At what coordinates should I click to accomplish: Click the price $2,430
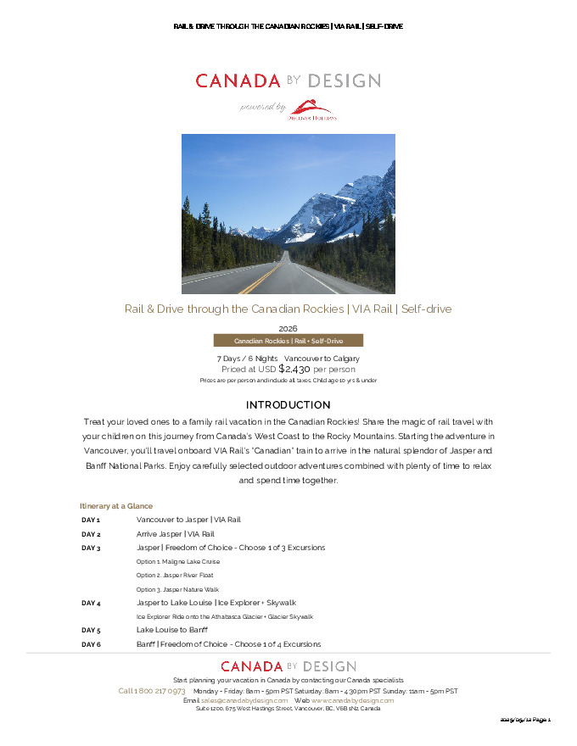294,369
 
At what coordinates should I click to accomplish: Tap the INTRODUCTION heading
288,405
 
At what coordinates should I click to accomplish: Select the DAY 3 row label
91,548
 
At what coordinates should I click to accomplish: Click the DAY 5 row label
91,630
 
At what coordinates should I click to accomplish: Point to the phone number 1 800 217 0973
152,691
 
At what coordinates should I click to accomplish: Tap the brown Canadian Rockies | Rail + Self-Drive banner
288,341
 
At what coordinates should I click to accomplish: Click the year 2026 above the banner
288,328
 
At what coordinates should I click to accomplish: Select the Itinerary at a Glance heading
115,505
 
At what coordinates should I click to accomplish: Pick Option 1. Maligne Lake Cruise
178,561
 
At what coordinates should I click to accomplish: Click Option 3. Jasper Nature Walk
177,589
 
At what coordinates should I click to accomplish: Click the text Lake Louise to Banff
172,630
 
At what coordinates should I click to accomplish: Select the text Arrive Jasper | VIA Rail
176,534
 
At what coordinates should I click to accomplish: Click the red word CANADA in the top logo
238,81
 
